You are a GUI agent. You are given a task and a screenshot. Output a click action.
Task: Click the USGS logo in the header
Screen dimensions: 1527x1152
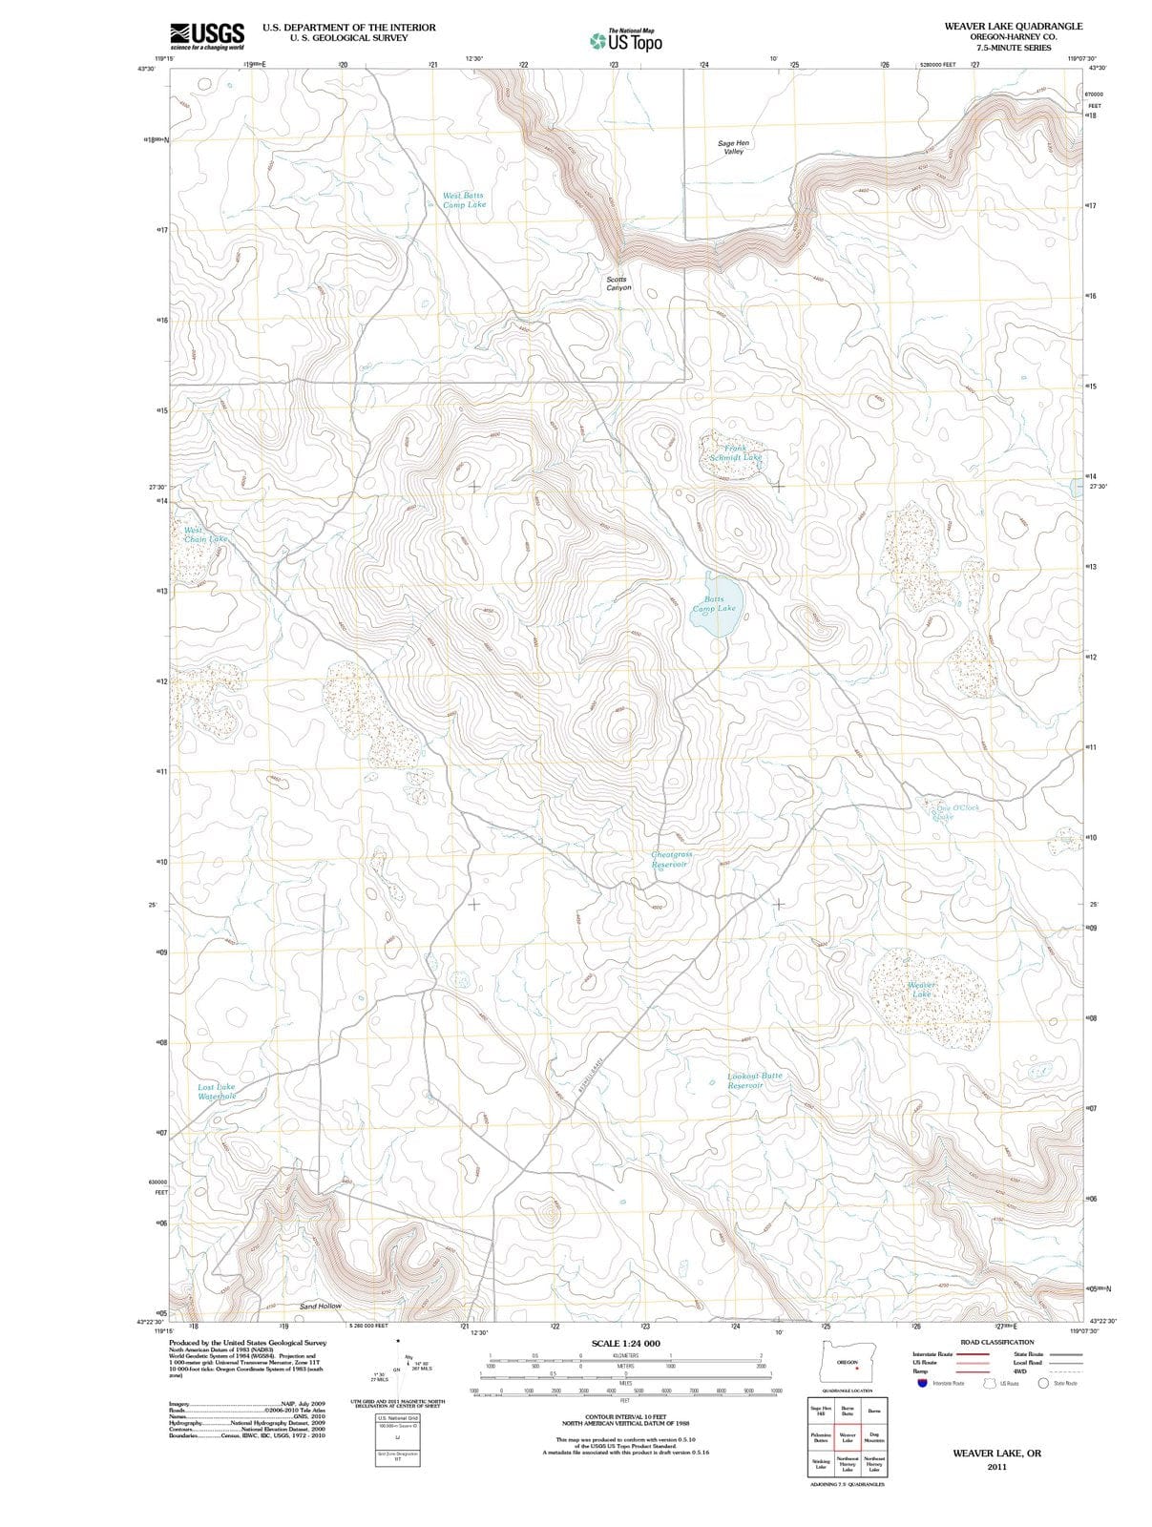[x=207, y=35]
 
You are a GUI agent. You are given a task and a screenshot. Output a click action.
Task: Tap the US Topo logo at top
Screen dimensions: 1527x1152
[x=626, y=40]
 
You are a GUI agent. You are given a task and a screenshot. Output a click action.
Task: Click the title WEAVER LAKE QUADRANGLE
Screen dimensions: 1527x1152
[x=1014, y=27]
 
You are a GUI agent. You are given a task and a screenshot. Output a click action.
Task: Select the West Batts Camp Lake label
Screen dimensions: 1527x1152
[x=464, y=199]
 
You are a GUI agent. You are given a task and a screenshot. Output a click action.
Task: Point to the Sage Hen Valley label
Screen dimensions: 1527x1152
[x=733, y=147]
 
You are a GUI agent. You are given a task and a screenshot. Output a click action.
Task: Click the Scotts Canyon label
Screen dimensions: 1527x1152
[x=618, y=283]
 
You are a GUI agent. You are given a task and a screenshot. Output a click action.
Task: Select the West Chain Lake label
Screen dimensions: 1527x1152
[x=204, y=534]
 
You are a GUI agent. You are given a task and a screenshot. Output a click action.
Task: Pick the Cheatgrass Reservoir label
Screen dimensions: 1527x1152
[x=671, y=859]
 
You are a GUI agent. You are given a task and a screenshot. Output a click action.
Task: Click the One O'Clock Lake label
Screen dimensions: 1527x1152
[x=951, y=812]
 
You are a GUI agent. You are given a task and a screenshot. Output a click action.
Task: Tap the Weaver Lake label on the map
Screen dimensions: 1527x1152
[x=921, y=989]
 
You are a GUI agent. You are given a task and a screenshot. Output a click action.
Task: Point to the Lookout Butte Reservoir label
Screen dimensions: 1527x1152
[x=754, y=1080]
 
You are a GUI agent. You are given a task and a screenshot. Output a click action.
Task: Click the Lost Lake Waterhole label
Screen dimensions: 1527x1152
[x=216, y=1091]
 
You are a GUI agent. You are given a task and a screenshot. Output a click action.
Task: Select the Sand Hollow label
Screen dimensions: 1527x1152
[x=320, y=1306]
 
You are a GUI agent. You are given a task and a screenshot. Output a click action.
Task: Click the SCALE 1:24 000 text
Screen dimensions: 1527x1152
[x=625, y=1344]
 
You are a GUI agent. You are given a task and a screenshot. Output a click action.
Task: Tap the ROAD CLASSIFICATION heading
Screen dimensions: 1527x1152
[x=996, y=1342]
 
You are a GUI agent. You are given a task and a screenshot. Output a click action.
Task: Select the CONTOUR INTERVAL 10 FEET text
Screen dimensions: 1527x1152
[x=625, y=1416]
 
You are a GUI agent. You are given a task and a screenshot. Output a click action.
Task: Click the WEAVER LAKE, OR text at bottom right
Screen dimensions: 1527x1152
[x=996, y=1454]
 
